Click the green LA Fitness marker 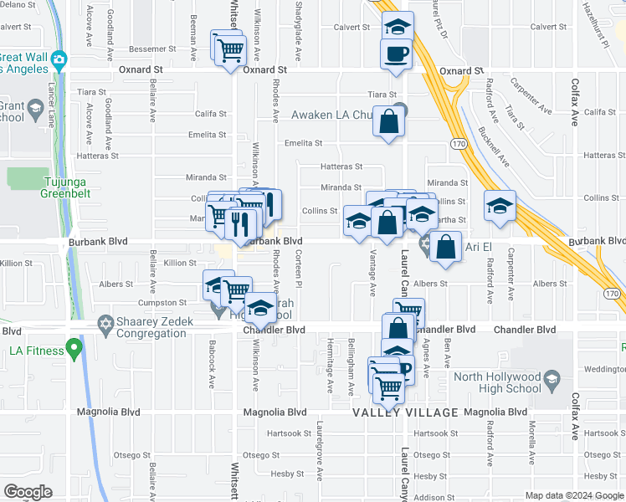click(x=74, y=346)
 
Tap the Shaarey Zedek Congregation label click(x=147, y=328)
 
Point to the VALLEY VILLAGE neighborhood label click(x=405, y=413)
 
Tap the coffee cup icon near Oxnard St click(x=396, y=54)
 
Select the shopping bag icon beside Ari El click(x=446, y=247)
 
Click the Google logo click(x=28, y=492)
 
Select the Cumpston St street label click(x=164, y=303)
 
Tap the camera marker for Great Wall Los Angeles click(x=58, y=59)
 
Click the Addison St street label click(x=434, y=497)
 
